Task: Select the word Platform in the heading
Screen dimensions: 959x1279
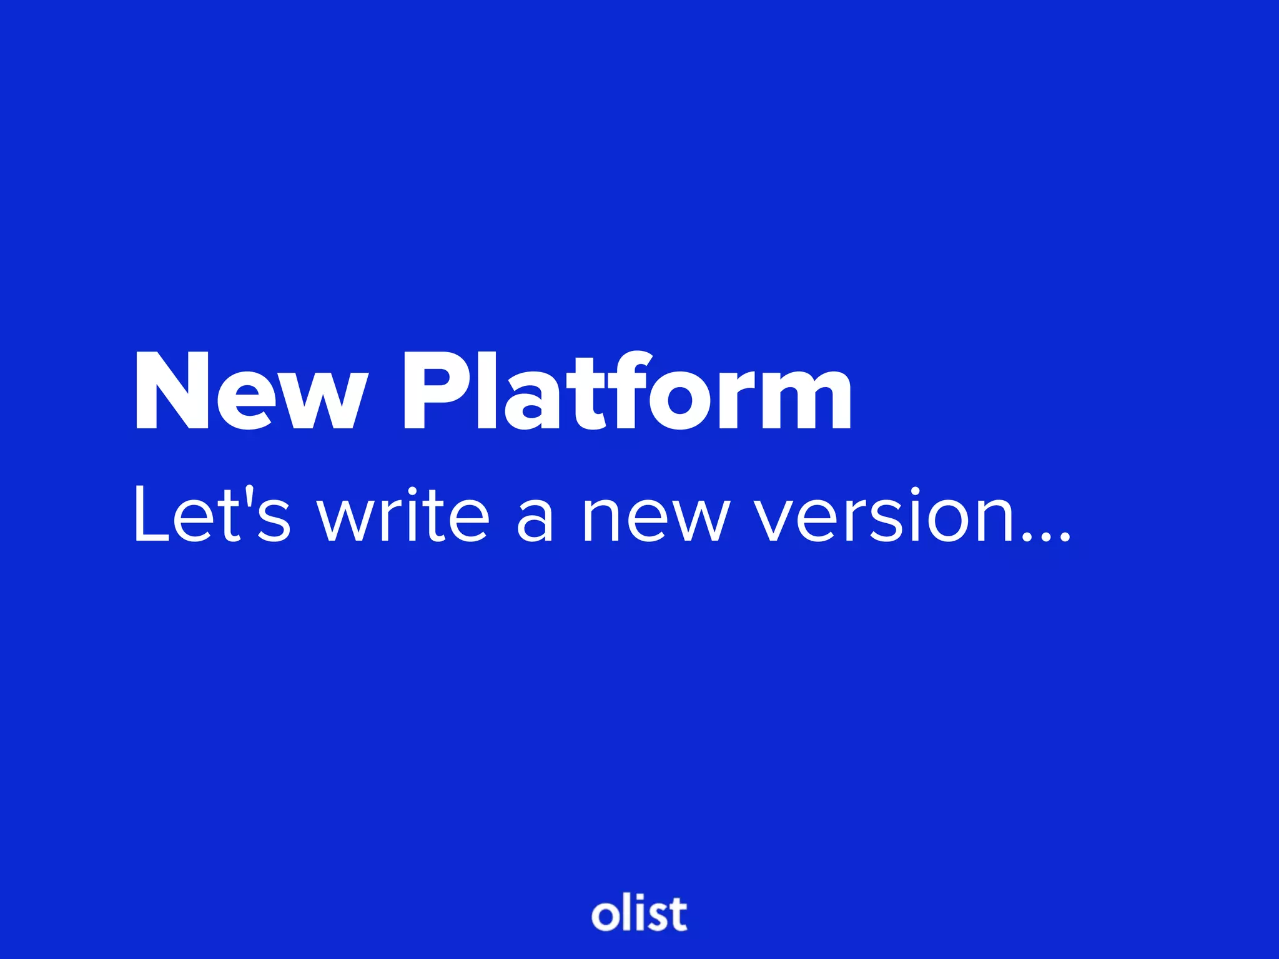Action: click(x=627, y=392)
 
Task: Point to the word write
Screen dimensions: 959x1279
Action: click(x=403, y=514)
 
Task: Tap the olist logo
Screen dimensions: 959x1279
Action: click(x=639, y=914)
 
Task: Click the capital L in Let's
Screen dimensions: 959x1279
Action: click(x=150, y=514)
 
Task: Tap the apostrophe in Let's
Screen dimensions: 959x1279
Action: click(x=250, y=496)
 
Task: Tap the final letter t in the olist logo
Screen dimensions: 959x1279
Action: click(x=677, y=914)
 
